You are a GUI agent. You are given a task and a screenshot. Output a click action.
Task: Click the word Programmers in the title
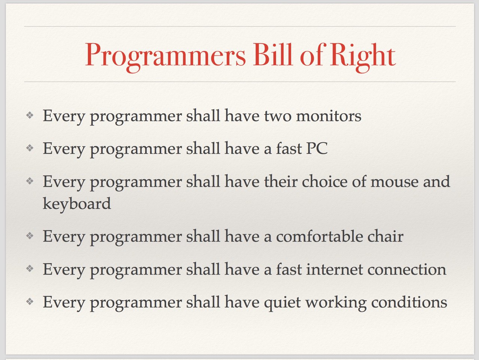(x=165, y=57)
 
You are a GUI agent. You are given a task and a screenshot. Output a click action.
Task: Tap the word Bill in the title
(x=273, y=54)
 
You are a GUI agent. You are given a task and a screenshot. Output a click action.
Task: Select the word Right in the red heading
(x=363, y=57)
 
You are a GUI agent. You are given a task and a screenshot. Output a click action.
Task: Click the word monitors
(x=329, y=116)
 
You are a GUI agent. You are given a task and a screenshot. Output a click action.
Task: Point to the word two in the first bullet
(x=278, y=116)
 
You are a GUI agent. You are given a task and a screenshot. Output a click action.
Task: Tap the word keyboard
(x=77, y=204)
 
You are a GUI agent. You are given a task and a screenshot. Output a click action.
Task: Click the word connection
(x=407, y=270)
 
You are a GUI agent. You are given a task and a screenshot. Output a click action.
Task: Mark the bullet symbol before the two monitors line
(x=30, y=115)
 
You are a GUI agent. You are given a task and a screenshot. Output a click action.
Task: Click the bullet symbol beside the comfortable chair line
(x=30, y=235)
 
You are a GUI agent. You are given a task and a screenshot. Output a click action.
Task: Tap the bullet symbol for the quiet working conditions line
(x=30, y=302)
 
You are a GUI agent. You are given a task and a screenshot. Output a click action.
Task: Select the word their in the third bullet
(x=281, y=181)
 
